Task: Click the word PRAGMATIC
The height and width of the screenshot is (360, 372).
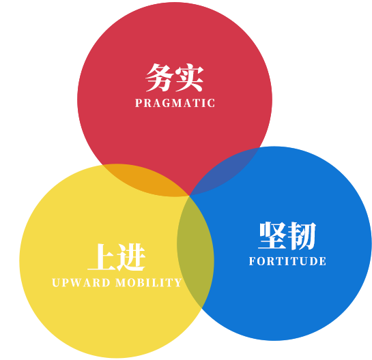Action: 175,103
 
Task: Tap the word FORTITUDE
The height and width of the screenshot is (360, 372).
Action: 287,261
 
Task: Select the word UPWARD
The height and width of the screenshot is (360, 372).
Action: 81,282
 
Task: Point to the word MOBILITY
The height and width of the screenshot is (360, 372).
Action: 149,282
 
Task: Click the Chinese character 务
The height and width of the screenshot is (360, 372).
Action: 159,78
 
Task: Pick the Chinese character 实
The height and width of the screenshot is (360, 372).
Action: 189,78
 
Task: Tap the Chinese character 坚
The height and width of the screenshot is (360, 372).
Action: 272,235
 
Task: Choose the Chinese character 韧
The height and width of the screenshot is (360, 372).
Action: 302,236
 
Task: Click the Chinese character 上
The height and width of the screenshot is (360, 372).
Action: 102,257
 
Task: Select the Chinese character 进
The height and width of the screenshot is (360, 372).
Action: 131,257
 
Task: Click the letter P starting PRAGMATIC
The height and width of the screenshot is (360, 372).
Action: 139,103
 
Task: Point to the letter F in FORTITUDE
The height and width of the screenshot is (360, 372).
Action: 252,261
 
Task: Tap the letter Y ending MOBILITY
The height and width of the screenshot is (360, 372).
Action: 178,282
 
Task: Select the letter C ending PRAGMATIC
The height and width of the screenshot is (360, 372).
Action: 211,103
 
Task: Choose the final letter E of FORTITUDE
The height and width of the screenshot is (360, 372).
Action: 323,261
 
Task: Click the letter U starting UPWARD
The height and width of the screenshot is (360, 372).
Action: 56,282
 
